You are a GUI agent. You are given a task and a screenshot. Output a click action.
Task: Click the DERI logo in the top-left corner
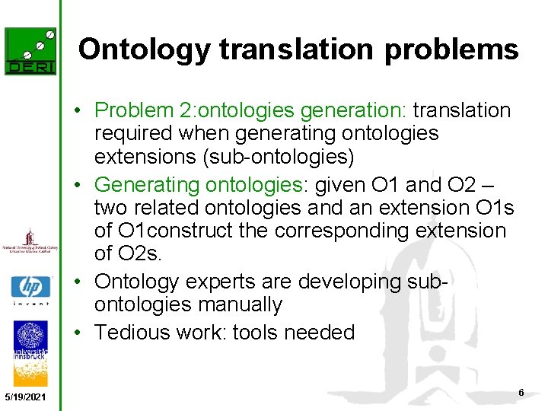[30, 51]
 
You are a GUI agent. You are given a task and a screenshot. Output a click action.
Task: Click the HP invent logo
[30, 290]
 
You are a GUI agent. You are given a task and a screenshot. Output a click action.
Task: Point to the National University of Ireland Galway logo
[30, 244]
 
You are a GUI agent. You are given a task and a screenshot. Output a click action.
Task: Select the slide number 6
[521, 392]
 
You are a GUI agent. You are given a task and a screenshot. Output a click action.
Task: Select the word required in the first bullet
[135, 134]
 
